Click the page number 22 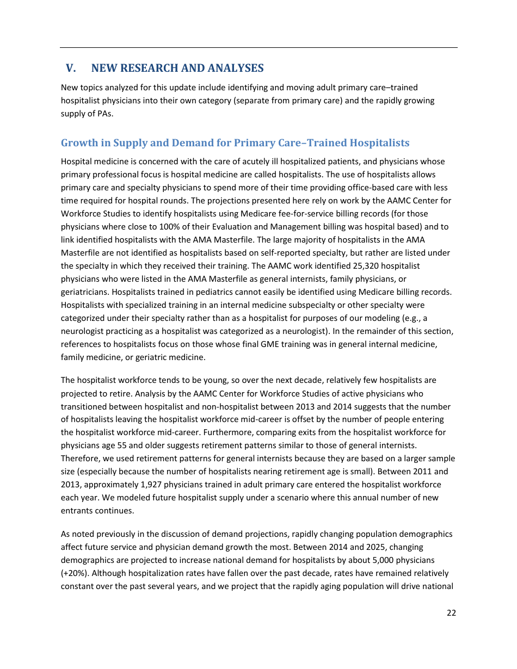tap(451, 613)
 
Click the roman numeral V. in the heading tap(71, 68)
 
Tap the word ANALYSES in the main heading tap(236, 68)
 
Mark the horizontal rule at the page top tap(258, 47)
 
